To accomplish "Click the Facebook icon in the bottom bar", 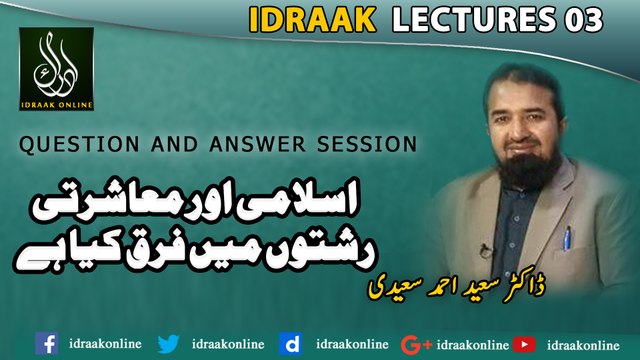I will (x=46, y=344).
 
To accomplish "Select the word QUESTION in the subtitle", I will (x=65, y=144).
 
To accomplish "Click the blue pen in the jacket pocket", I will (x=567, y=239).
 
